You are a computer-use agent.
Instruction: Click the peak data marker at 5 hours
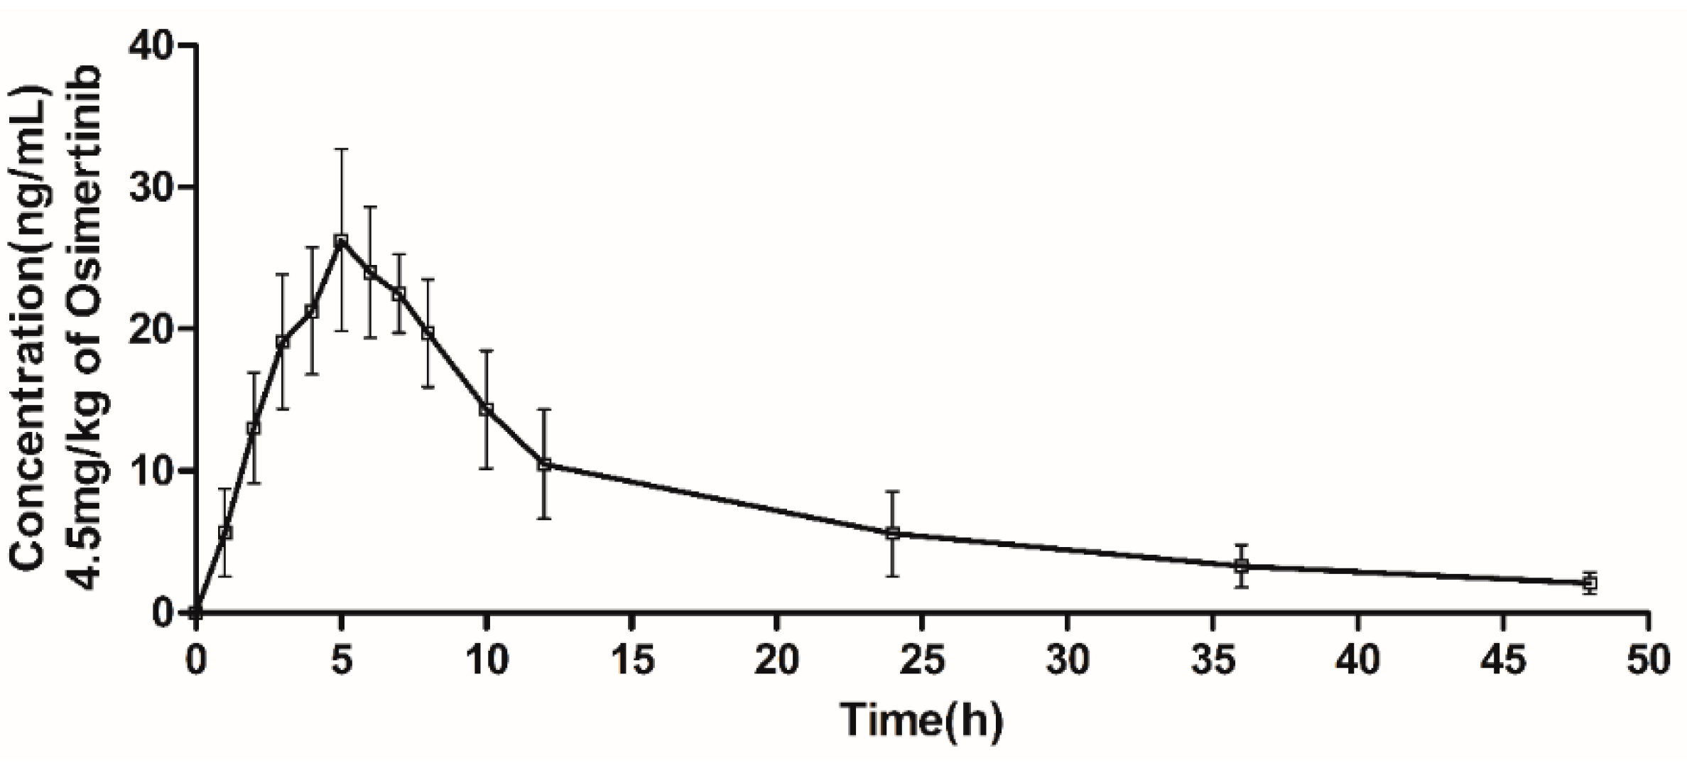pos(341,240)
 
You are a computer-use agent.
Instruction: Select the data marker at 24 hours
pos(893,533)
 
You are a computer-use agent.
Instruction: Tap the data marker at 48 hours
pos(1590,583)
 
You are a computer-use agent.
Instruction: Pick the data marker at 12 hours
pos(544,464)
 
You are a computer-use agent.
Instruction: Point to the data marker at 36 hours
pos(1241,566)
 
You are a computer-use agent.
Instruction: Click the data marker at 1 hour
pos(225,532)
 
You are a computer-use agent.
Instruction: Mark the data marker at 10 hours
pos(487,409)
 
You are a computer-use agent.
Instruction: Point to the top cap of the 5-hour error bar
pos(341,149)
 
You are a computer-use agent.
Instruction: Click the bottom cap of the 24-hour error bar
pos(893,576)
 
